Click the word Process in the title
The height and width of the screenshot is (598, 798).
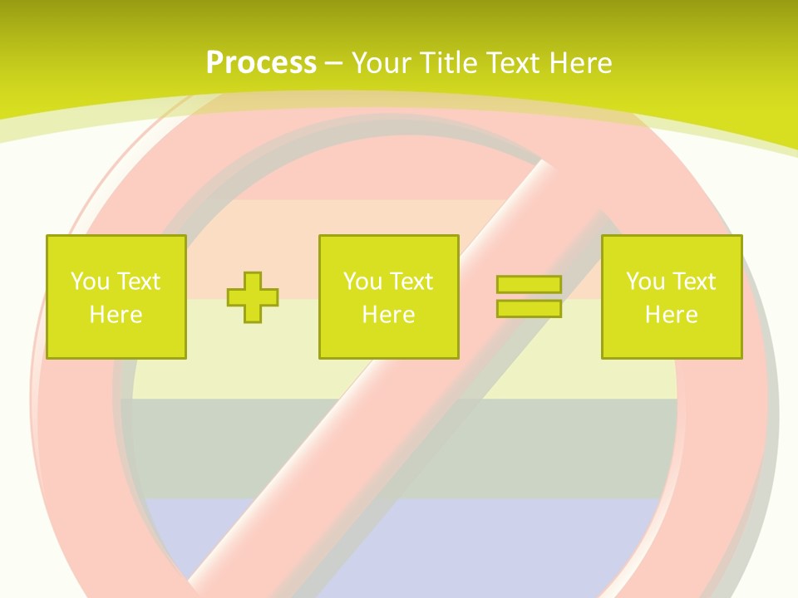pyautogui.click(x=261, y=63)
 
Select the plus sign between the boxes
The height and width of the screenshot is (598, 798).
pyautogui.click(x=253, y=297)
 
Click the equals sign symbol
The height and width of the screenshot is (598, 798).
pyautogui.click(x=529, y=297)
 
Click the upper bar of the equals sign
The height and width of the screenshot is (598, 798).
pyautogui.click(x=529, y=285)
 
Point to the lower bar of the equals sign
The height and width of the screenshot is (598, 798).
pyautogui.click(x=529, y=309)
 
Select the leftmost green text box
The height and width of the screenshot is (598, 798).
pyautogui.click(x=116, y=297)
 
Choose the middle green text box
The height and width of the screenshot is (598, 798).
pyautogui.click(x=388, y=297)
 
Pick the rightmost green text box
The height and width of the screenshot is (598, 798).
pyautogui.click(x=671, y=297)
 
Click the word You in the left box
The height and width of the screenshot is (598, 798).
pyautogui.click(x=89, y=282)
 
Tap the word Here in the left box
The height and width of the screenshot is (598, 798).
pyautogui.click(x=116, y=315)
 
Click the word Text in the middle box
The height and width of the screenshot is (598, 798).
pyautogui.click(x=411, y=282)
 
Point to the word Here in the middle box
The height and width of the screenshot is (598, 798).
pyautogui.click(x=388, y=315)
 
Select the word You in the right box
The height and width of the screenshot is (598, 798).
pyautogui.click(x=644, y=282)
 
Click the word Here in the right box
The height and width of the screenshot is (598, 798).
pyautogui.click(x=671, y=315)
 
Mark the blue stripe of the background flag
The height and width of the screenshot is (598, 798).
pyautogui.click(x=416, y=540)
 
